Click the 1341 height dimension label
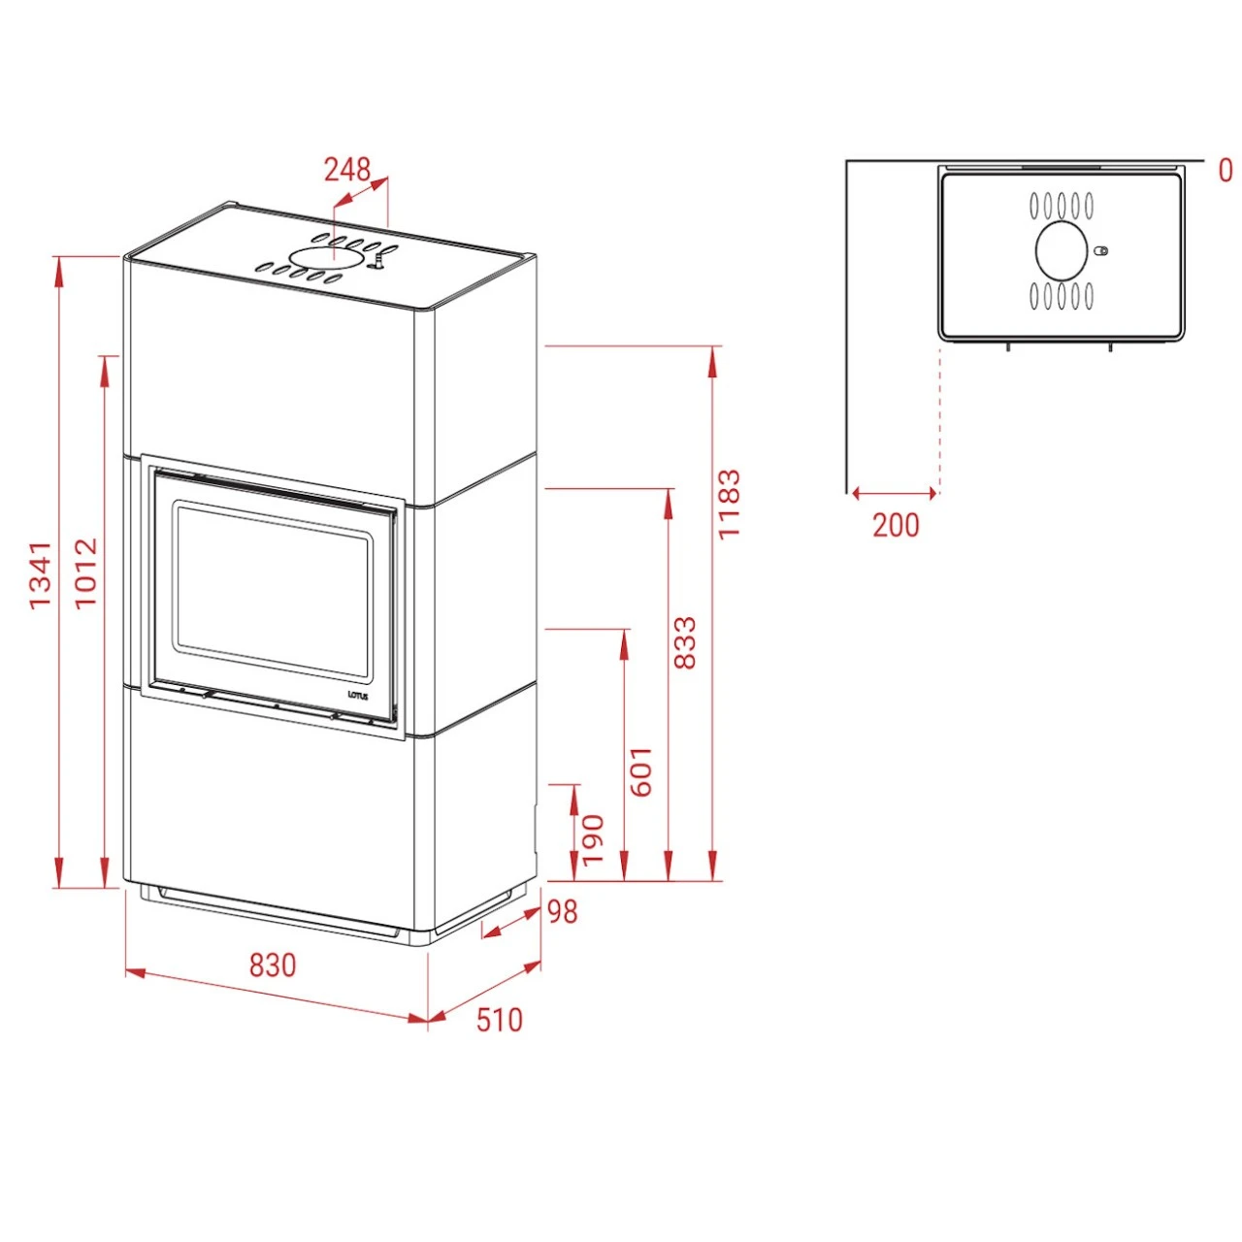tap(39, 575)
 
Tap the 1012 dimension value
tap(86, 572)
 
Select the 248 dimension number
tap(346, 170)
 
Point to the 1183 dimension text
tap(729, 504)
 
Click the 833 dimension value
tap(685, 641)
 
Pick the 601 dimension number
tap(641, 771)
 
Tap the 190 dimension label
tap(593, 839)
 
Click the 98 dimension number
tap(562, 911)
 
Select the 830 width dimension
tap(273, 965)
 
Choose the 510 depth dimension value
tap(499, 1020)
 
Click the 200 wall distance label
tap(895, 525)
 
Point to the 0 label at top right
tap(1226, 171)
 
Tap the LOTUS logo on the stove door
tap(358, 695)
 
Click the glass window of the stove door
tap(272, 589)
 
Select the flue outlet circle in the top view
tap(1062, 250)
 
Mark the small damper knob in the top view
tap(1100, 250)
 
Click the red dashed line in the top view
tap(939, 417)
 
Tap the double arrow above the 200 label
tap(894, 493)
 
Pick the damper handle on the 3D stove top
tap(381, 260)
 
